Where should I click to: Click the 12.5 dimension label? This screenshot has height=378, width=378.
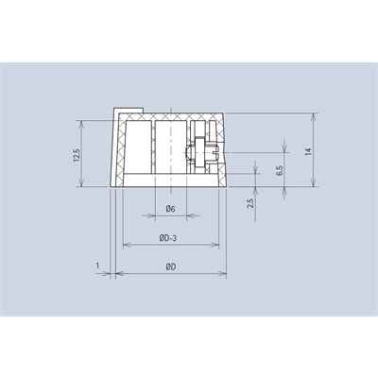(x=77, y=155)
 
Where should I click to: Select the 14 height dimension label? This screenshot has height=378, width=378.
(x=308, y=152)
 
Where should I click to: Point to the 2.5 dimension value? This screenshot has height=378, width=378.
(x=250, y=203)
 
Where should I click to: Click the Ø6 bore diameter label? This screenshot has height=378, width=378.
(x=170, y=209)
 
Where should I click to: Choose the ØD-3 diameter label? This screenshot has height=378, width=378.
(x=167, y=239)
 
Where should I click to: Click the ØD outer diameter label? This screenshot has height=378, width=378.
(x=170, y=267)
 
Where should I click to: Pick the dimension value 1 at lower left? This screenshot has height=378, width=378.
(x=97, y=266)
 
